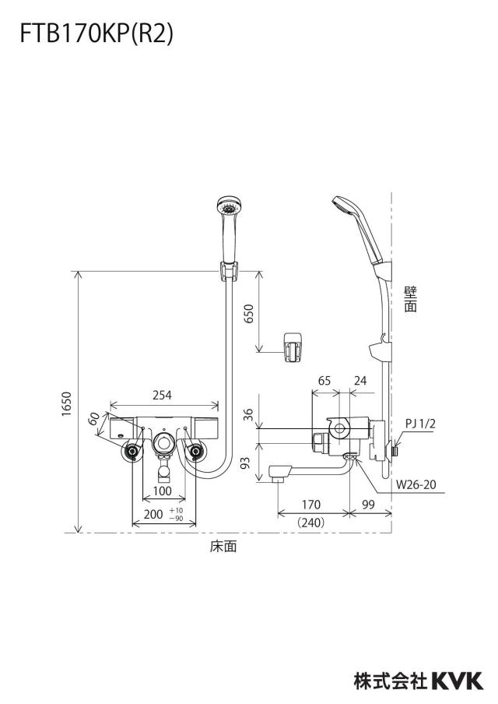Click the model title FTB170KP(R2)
tap(96, 34)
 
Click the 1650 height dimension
tap(66, 403)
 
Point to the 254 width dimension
tap(162, 395)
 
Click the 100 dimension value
tap(163, 491)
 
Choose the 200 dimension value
tap(153, 514)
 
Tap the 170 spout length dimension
tap(311, 504)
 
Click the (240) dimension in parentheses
tap(311, 523)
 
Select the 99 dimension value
tap(368, 504)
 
